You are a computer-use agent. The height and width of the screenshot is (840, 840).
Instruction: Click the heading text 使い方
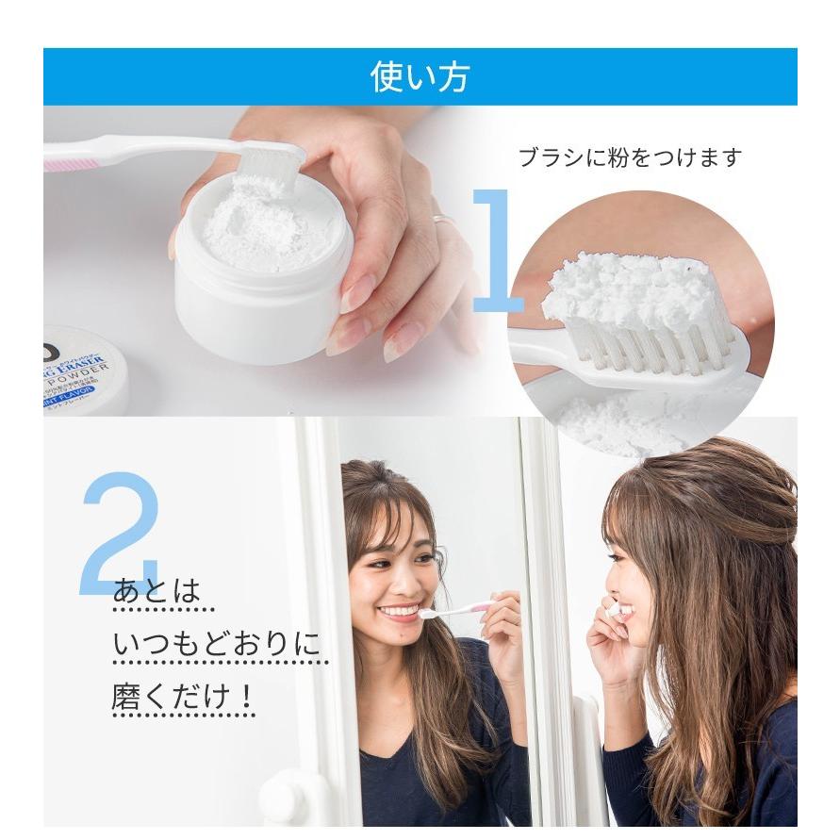tap(420, 77)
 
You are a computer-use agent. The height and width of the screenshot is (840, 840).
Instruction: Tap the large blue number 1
tap(498, 252)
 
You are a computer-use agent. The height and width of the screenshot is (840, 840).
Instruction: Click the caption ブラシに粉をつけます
tap(630, 156)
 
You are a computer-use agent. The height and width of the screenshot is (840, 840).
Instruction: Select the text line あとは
tap(156, 592)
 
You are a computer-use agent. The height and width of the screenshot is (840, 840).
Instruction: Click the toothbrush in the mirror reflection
tap(456, 610)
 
